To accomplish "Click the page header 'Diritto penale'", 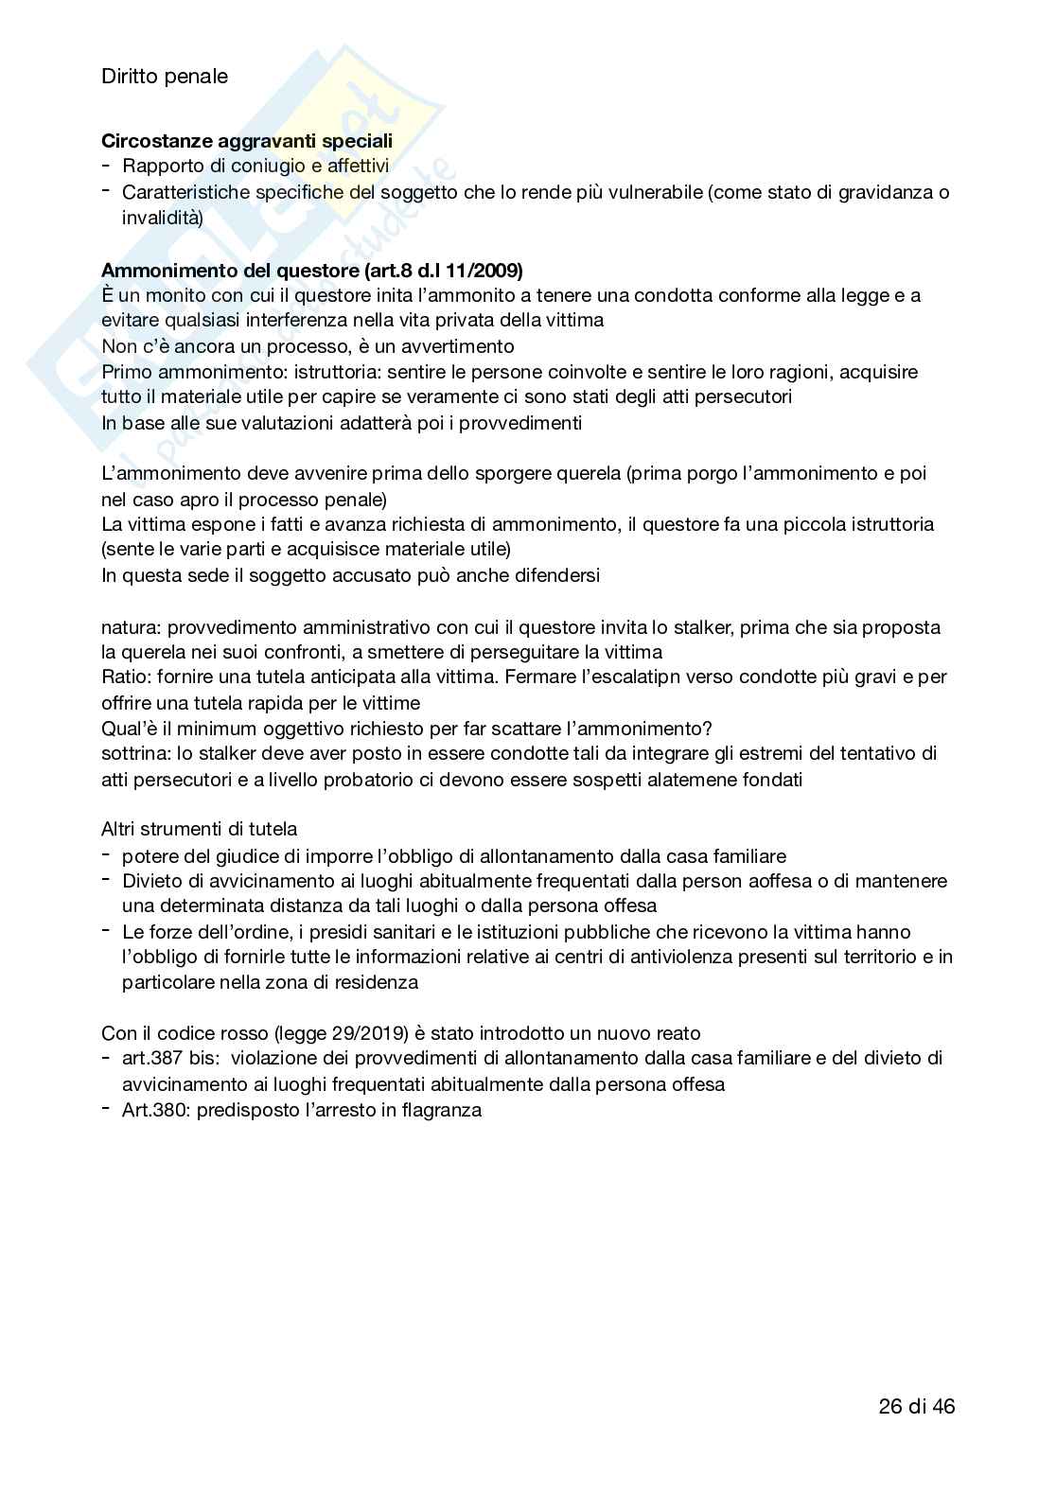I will pos(165,77).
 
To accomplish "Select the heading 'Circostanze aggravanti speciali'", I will pos(247,141).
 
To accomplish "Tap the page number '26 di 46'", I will pos(917,1406).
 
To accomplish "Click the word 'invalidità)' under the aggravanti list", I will pos(162,218).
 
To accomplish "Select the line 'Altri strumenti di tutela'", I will pos(199,830).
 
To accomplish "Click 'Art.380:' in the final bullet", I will pos(156,1110).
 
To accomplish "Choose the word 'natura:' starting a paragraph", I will pos(132,626).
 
